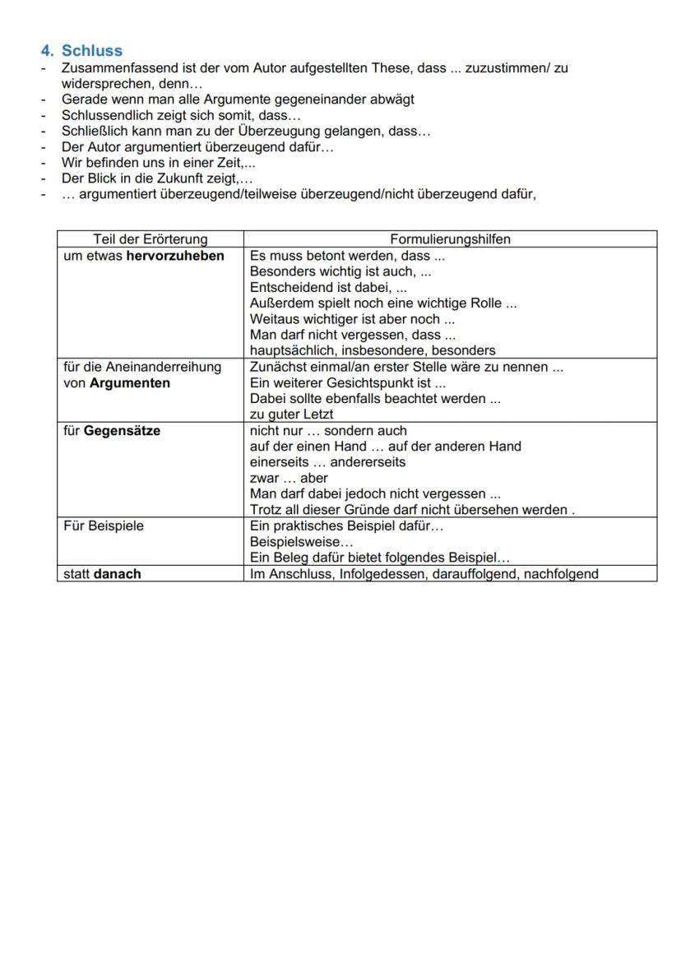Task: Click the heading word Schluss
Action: tap(91, 51)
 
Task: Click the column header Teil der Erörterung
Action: tap(150, 239)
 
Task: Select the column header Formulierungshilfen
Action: tap(450, 239)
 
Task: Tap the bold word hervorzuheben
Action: tap(174, 256)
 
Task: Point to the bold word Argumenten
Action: tap(130, 383)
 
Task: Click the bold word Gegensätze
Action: tap(122, 431)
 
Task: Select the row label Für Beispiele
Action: tap(103, 526)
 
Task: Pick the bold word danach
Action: tap(117, 574)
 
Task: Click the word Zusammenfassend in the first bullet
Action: tap(111, 68)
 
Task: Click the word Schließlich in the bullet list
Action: tap(93, 131)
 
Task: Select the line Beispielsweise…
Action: tap(301, 543)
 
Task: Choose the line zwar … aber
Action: tap(288, 479)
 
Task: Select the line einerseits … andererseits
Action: tap(327, 462)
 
